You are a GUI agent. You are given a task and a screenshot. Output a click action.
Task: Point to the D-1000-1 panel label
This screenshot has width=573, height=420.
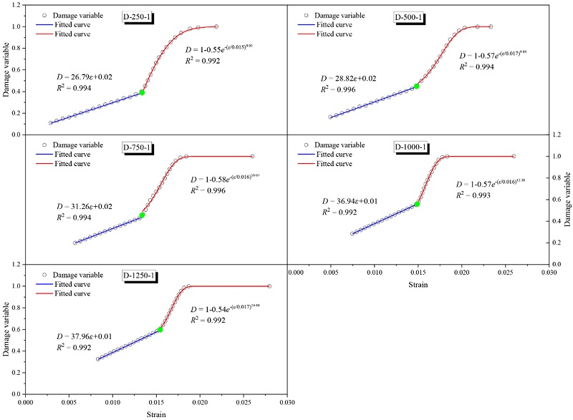413,148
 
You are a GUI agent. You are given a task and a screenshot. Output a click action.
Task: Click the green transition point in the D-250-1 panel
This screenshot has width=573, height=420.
142,92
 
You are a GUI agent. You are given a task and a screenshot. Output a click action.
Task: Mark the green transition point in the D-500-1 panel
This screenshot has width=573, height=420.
417,86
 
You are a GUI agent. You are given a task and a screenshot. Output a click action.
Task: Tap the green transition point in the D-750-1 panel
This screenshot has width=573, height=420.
142,215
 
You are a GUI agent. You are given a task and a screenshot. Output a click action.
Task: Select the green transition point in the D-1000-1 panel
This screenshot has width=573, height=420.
417,204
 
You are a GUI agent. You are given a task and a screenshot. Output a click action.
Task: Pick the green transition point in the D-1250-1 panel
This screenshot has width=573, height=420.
160,329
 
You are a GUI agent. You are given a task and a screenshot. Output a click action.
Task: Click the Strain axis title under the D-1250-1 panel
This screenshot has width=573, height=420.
156,414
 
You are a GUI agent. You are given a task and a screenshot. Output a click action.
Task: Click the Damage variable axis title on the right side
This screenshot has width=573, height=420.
567,199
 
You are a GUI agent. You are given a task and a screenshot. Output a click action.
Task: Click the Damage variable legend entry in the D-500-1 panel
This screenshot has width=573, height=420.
339,14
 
